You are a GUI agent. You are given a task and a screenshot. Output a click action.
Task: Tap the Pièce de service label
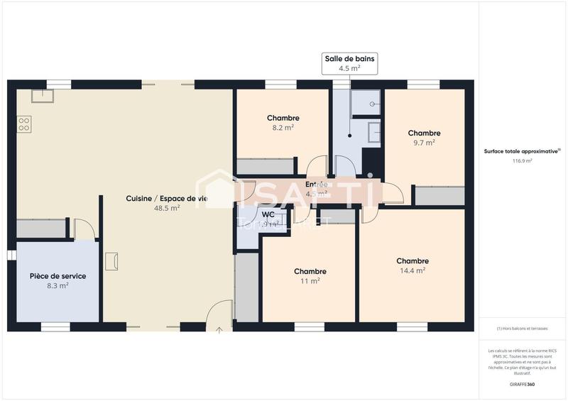58,276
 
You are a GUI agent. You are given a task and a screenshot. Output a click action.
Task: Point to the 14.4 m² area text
412,270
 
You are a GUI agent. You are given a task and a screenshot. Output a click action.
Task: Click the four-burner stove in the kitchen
23,124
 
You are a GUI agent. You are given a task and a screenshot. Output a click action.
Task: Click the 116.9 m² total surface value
522,161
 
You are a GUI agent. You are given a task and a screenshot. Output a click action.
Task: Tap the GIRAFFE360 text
522,384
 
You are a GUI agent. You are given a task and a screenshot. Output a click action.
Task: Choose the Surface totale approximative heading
521,151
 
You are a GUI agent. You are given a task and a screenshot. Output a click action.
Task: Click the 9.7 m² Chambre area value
424,142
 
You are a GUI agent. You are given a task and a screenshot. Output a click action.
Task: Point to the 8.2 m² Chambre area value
283,128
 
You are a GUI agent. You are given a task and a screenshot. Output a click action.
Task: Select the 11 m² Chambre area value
310,281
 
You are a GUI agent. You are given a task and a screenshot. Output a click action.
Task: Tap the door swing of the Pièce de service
84,229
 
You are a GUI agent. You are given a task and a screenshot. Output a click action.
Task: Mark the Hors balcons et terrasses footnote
522,329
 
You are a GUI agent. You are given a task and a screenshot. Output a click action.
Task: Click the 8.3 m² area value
58,286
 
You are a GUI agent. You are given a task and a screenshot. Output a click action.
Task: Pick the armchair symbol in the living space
111,261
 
